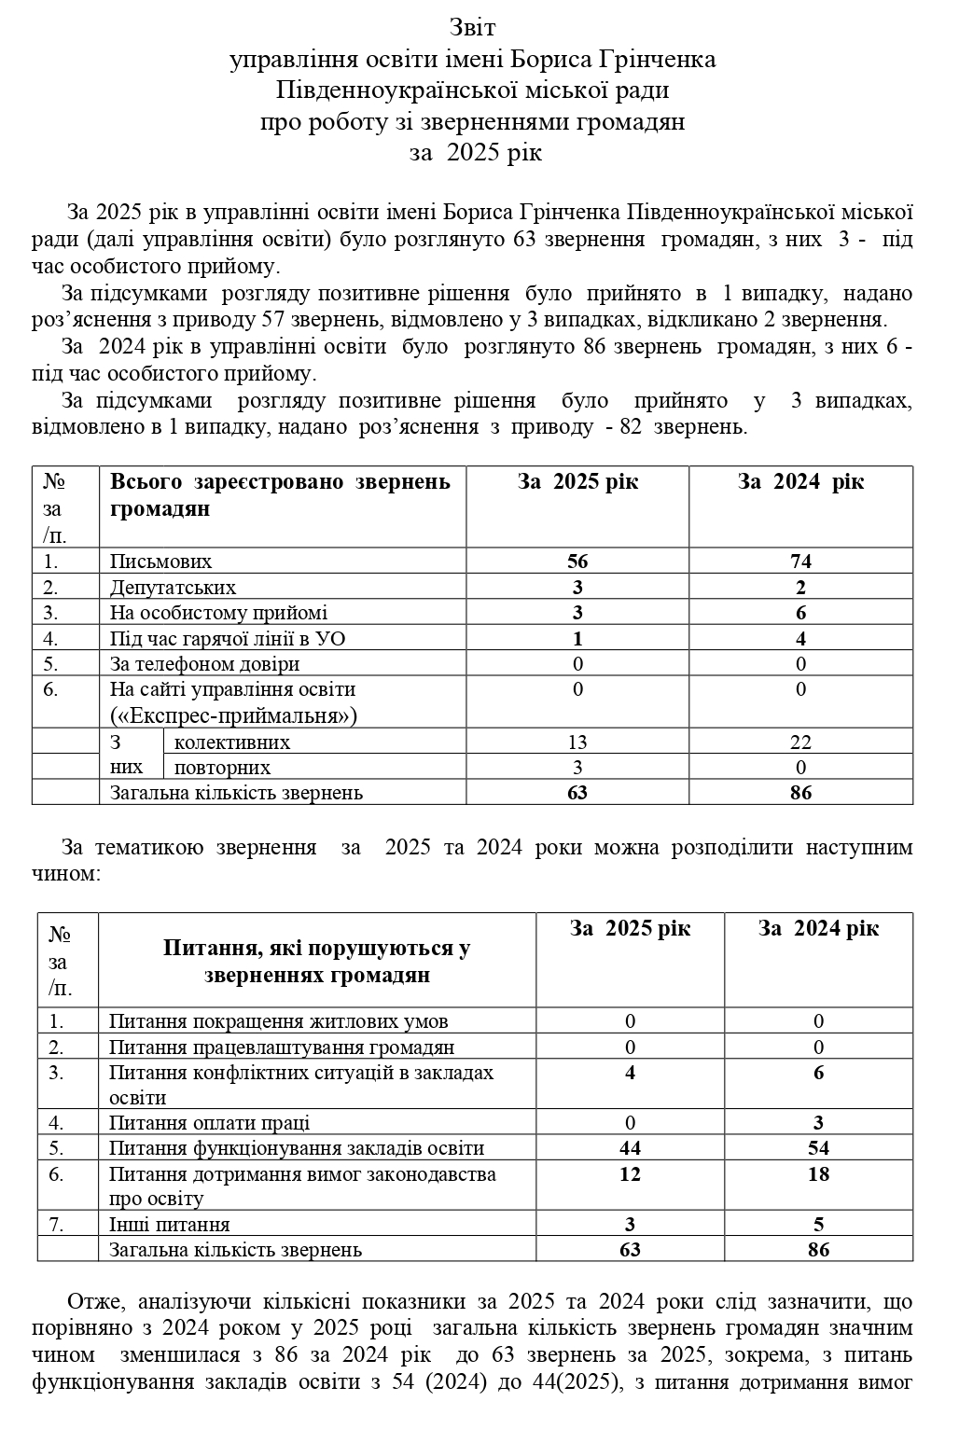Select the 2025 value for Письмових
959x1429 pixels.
[x=577, y=562]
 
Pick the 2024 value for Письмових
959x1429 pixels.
[x=800, y=562]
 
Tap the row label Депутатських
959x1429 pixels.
[x=173, y=588]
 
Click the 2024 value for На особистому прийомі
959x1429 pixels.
[x=800, y=613]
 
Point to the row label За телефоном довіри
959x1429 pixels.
[x=204, y=664]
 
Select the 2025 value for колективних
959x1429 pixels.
[x=577, y=742]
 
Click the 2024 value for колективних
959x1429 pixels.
[x=800, y=742]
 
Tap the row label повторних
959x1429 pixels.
[x=222, y=768]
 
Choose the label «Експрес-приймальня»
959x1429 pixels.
[x=233, y=715]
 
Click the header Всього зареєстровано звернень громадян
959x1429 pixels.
[x=280, y=495]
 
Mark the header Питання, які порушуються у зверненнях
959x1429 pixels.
[x=316, y=962]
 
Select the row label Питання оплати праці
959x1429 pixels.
[x=209, y=1123]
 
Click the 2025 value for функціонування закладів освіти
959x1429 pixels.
[x=631, y=1148]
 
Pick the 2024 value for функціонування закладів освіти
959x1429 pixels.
[x=819, y=1148]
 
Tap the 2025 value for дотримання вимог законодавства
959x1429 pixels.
[x=631, y=1174]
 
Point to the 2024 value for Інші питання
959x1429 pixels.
[x=819, y=1225]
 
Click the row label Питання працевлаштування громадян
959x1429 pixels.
[x=281, y=1047]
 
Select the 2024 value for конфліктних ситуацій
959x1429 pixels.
[x=819, y=1073]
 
